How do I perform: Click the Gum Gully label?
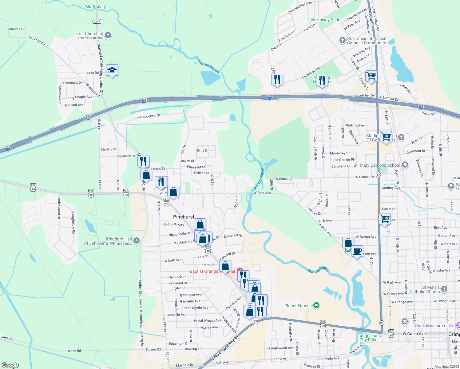[x=96, y=6]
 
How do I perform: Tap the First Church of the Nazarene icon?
[x=108, y=35]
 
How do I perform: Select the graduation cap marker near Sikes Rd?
[x=112, y=70]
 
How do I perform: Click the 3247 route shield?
[x=97, y=21]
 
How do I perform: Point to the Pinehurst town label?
[x=184, y=217]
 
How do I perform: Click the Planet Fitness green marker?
[x=316, y=305]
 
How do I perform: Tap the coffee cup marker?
[x=357, y=251]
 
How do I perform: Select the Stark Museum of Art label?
[x=434, y=326]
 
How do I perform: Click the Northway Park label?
[x=325, y=20]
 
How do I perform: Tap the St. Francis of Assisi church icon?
[x=342, y=40]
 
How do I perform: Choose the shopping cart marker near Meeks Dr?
[x=371, y=76]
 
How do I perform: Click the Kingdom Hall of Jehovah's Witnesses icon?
[x=137, y=241]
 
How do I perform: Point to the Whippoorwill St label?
[x=149, y=116]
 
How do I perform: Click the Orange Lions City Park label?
[x=368, y=338]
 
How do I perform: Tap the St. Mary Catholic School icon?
[x=405, y=165]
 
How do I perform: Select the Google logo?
[x=10, y=365]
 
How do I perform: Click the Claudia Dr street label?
[x=17, y=29]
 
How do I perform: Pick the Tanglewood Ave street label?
[x=281, y=348]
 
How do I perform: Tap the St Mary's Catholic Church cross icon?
[x=444, y=289]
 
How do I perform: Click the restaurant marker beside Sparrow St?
[x=143, y=161]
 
